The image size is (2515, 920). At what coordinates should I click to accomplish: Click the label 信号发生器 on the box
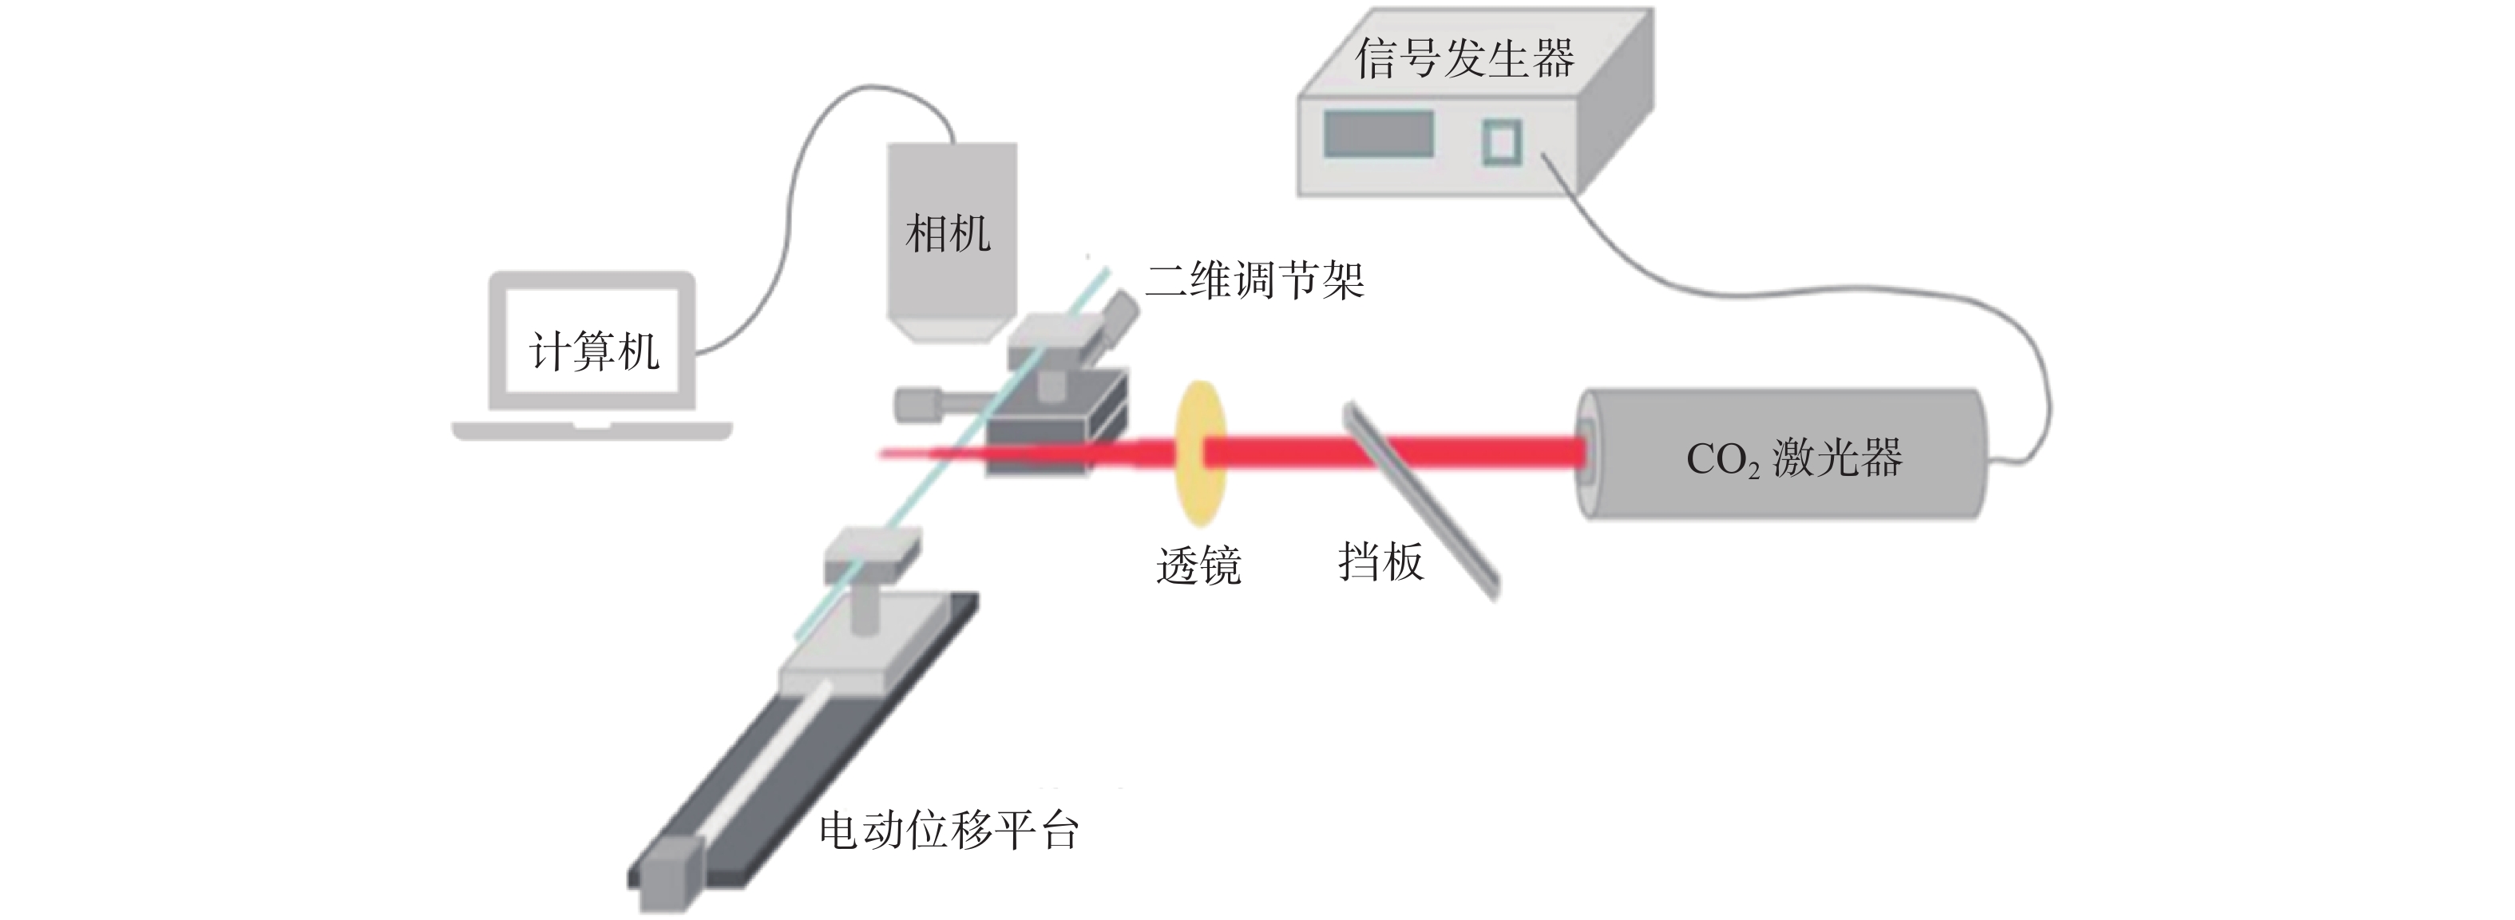pyautogui.click(x=1464, y=58)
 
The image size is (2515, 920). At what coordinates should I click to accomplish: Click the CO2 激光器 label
pyautogui.click(x=1795, y=458)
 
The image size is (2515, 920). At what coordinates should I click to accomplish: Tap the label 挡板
pyautogui.click(x=1380, y=561)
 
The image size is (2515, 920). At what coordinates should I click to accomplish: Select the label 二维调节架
pyautogui.click(x=1254, y=280)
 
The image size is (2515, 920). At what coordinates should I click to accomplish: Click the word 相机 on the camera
pyautogui.click(x=948, y=235)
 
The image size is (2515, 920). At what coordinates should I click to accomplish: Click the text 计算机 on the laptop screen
pyautogui.click(x=593, y=351)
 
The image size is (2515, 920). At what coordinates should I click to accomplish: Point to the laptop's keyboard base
pyautogui.click(x=592, y=430)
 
